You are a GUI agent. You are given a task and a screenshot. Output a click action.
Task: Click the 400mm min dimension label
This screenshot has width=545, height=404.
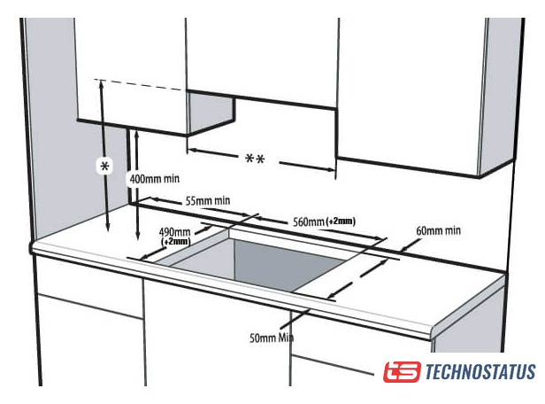(155, 179)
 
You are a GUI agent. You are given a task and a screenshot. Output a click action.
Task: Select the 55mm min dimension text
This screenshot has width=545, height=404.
(208, 201)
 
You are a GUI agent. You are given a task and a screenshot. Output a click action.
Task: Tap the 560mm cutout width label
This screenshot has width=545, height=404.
(309, 221)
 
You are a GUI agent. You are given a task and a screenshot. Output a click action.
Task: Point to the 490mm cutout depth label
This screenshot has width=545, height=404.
(174, 232)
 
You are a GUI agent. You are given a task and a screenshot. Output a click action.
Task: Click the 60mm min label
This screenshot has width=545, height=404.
(438, 230)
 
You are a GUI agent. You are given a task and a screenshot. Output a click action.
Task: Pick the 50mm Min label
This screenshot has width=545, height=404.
(272, 338)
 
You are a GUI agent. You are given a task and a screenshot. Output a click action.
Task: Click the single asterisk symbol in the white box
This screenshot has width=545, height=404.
(104, 167)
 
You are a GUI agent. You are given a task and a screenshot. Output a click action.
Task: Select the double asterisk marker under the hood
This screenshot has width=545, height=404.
(255, 159)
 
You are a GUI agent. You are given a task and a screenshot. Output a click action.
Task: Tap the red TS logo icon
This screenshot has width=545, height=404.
(403, 371)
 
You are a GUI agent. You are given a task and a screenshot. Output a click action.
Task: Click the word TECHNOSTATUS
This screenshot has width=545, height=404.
(480, 371)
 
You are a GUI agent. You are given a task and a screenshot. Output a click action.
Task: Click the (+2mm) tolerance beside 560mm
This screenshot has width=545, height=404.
(341, 221)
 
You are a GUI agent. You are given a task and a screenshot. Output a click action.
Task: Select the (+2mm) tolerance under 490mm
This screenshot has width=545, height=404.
(176, 241)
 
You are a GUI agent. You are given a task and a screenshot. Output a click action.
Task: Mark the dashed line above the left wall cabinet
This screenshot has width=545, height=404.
(138, 84)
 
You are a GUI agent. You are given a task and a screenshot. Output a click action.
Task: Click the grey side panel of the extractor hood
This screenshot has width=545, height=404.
(211, 113)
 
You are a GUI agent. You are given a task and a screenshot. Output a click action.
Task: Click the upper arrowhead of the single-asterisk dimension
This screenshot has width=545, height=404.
(102, 83)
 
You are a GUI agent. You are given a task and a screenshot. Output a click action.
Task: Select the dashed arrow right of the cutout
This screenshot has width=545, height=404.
(357, 279)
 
